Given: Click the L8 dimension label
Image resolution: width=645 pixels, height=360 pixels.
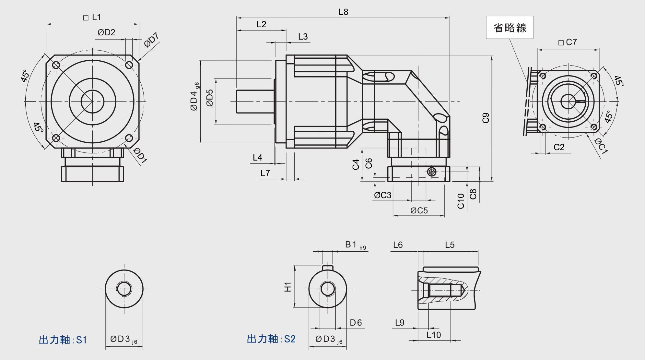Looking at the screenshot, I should point(343,12).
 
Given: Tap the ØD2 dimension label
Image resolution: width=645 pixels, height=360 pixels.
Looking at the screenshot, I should point(106,32).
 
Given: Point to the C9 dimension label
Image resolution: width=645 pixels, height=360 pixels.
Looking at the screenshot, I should point(486,118).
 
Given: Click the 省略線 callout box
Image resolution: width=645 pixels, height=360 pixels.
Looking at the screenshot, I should point(509,28).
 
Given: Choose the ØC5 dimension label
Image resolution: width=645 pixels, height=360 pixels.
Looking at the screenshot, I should point(419,211).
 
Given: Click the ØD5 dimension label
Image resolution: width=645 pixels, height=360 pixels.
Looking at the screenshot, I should point(210,98).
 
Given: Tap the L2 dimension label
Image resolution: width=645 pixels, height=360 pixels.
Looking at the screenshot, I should point(261,24).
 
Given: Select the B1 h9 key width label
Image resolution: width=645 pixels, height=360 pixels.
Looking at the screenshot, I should point(355,245).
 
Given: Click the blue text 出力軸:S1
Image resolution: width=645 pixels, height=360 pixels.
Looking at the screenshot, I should point(63,340).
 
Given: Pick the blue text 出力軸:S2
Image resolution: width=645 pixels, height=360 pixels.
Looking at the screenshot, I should point(271,339).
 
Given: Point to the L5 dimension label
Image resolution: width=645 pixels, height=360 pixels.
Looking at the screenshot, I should point(450,245).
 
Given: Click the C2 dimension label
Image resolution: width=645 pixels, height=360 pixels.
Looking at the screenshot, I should point(559,147).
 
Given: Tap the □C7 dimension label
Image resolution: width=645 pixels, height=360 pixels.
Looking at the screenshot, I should point(568,42).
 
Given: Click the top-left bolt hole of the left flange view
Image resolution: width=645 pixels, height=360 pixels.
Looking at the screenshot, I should point(56,65).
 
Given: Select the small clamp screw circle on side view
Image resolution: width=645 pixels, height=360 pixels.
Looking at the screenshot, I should point(431,172).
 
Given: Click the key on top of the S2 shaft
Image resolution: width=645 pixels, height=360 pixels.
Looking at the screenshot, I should point(328,267).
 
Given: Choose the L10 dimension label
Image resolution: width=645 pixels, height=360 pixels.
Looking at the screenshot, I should point(434,335).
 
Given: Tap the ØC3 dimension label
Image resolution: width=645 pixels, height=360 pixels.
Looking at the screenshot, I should point(382,195).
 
